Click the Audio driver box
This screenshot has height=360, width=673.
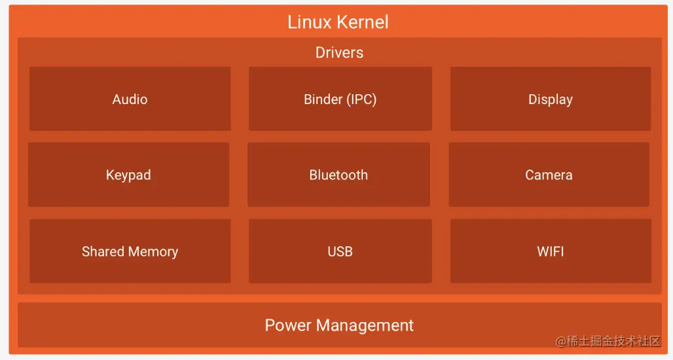pyautogui.click(x=130, y=99)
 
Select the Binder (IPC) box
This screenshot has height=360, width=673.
pyautogui.click(x=340, y=99)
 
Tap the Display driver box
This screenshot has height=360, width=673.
pyautogui.click(x=550, y=99)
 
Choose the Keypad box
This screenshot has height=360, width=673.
pyautogui.click(x=128, y=175)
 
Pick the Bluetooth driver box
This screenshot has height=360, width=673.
pyautogui.click(x=338, y=175)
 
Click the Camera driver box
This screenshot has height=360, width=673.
pyautogui.click(x=549, y=175)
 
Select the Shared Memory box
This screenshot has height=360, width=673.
pyautogui.click(x=130, y=251)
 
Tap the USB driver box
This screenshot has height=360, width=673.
pyautogui.click(x=340, y=251)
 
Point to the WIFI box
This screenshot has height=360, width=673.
pyautogui.click(x=550, y=251)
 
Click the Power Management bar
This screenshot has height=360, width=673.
pyautogui.click(x=339, y=325)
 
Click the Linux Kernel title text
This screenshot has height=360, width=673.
pyautogui.click(x=338, y=22)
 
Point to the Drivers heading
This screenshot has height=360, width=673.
pyautogui.click(x=339, y=52)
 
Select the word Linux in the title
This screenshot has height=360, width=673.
pyautogui.click(x=310, y=22)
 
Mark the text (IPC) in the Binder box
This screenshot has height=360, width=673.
pyautogui.click(x=361, y=99)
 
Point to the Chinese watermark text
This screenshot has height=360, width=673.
pyautogui.click(x=608, y=341)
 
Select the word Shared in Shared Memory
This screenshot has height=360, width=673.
pyautogui.click(x=103, y=252)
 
